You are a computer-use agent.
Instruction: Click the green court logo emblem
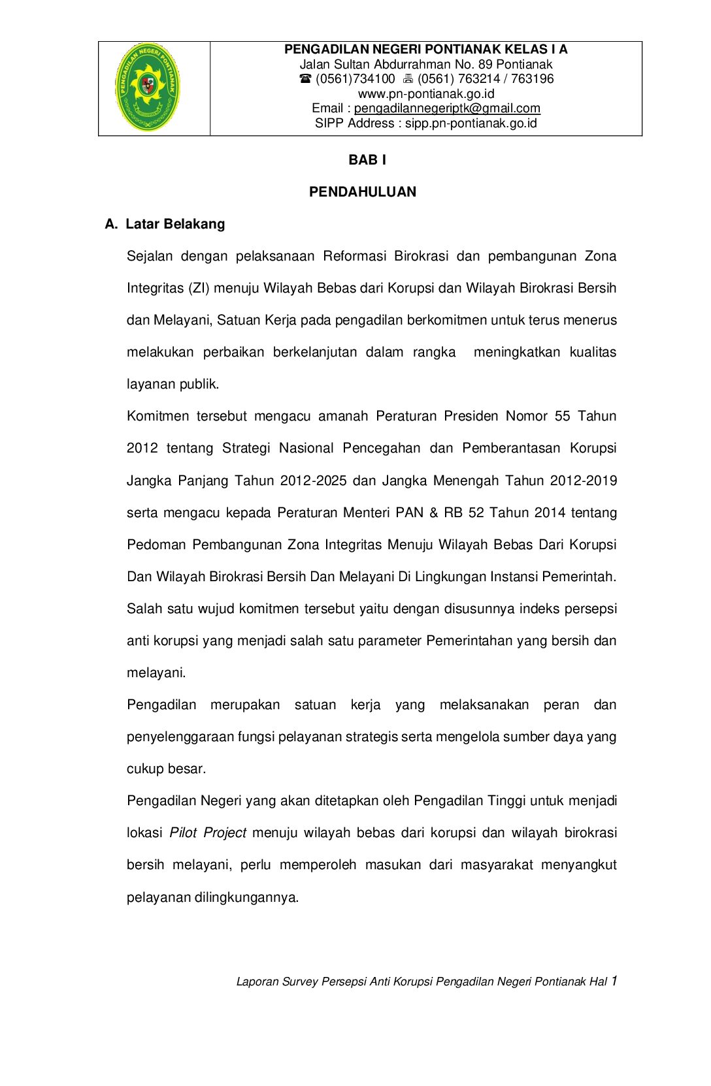(x=147, y=88)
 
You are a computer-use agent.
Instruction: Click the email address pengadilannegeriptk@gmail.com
(x=447, y=108)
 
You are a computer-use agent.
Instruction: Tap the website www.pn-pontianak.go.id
(x=426, y=93)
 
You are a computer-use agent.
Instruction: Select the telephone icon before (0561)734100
(x=305, y=79)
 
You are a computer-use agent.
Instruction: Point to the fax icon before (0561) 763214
(x=408, y=79)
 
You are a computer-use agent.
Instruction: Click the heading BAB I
(x=367, y=160)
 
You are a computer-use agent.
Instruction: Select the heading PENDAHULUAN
(x=363, y=192)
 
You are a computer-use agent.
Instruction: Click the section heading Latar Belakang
(x=175, y=224)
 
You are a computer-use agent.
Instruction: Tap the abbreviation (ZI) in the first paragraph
(x=199, y=288)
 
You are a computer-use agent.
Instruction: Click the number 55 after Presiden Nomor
(x=562, y=416)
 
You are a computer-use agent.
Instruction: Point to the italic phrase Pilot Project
(x=208, y=833)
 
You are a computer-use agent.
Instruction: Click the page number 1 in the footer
(x=614, y=981)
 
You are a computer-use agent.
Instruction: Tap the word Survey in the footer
(x=299, y=982)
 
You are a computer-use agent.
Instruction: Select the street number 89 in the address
(x=485, y=64)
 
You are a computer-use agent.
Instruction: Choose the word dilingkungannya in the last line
(x=246, y=897)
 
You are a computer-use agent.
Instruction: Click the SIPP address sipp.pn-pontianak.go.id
(x=471, y=123)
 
